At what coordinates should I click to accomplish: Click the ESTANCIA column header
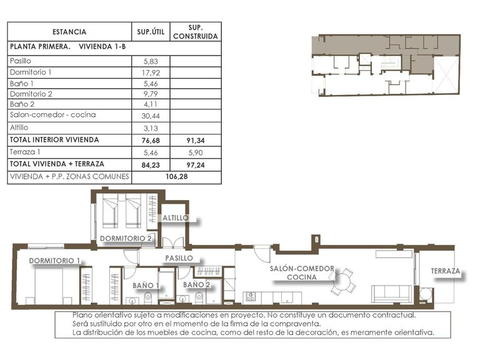69,32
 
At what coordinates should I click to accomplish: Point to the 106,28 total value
177,176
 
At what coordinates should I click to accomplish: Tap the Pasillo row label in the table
21,61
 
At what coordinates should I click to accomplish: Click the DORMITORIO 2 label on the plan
126,238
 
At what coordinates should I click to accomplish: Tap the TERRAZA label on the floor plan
445,272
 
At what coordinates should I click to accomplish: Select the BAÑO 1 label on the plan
146,285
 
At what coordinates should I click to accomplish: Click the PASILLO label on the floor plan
178,257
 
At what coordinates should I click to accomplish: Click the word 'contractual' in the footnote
394,316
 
